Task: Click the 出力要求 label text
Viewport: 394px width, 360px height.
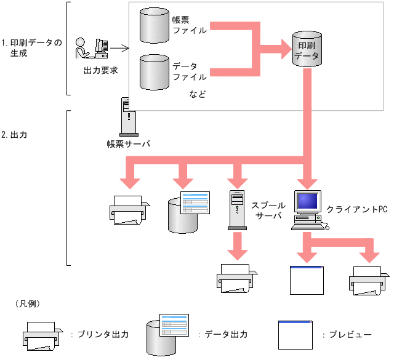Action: tap(100, 70)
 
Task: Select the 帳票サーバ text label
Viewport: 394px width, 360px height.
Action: tap(128, 144)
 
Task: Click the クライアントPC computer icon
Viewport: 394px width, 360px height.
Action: tap(308, 210)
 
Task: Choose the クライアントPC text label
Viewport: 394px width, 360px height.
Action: tap(357, 210)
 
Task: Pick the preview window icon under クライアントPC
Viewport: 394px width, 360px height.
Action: tap(306, 280)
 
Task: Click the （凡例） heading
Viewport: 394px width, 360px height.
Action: tap(26, 304)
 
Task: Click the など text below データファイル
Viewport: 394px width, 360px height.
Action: tap(197, 95)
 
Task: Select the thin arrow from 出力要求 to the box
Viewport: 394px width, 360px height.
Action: tap(121, 48)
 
